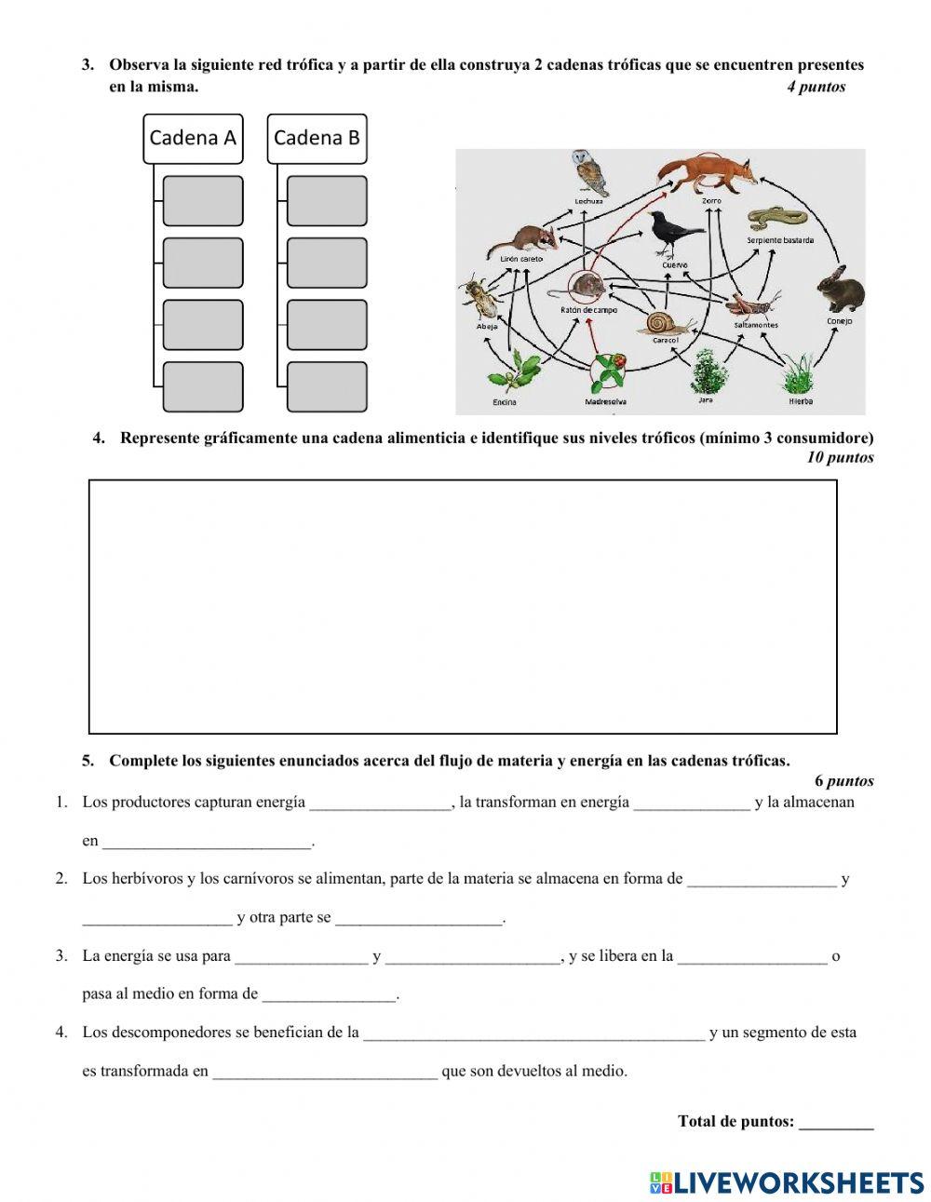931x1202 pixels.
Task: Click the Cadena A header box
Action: coord(193,138)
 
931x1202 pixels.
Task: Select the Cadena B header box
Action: coord(317,138)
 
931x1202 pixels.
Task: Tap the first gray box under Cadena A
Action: coord(203,201)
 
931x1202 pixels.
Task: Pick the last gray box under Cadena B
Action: coord(327,386)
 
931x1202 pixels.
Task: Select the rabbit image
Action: coord(840,289)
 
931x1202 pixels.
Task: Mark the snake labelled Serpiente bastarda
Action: coord(777,219)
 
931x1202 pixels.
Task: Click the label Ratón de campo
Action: coord(588,310)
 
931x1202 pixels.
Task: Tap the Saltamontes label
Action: coord(755,325)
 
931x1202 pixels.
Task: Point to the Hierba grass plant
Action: coord(800,373)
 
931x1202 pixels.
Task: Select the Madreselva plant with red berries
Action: coord(607,373)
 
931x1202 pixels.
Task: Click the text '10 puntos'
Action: coord(841,457)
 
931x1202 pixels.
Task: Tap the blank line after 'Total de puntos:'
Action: coord(836,1122)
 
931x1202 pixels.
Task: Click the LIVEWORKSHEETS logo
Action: coord(787,1182)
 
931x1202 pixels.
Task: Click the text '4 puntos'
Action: coord(816,87)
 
